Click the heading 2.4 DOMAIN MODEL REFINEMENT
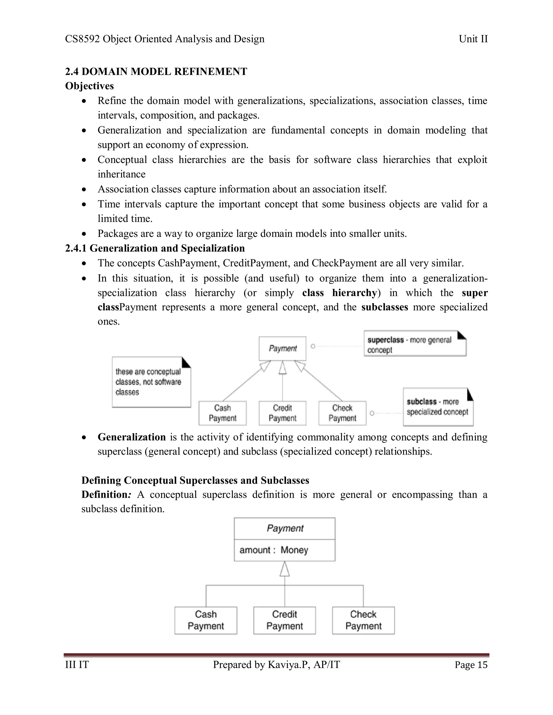click(156, 71)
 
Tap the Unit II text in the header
click(473, 39)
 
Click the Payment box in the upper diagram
click(282, 348)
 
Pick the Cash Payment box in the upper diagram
click(222, 413)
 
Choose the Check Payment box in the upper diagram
click(342, 413)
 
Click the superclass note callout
click(414, 344)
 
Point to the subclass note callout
click(438, 407)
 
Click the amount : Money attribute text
click(274, 550)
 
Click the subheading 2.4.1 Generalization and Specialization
click(155, 248)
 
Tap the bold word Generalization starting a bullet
click(132, 437)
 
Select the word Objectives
click(89, 86)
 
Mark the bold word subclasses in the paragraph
click(385, 307)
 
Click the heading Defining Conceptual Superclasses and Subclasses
click(195, 480)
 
